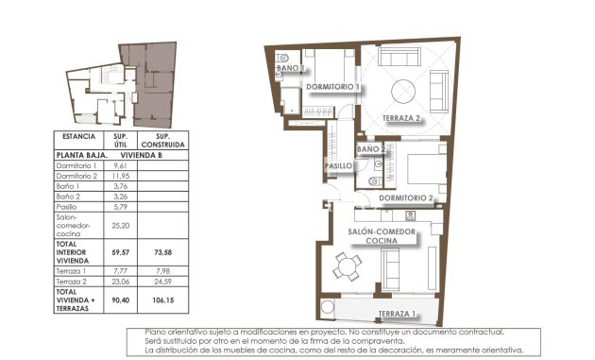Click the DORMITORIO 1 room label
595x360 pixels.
(333, 87)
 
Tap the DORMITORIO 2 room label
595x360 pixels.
(406, 197)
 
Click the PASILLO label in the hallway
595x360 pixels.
(339, 166)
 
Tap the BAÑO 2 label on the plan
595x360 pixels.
(371, 150)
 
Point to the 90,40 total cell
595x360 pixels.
(120, 300)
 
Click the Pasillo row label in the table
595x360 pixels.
(68, 206)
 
